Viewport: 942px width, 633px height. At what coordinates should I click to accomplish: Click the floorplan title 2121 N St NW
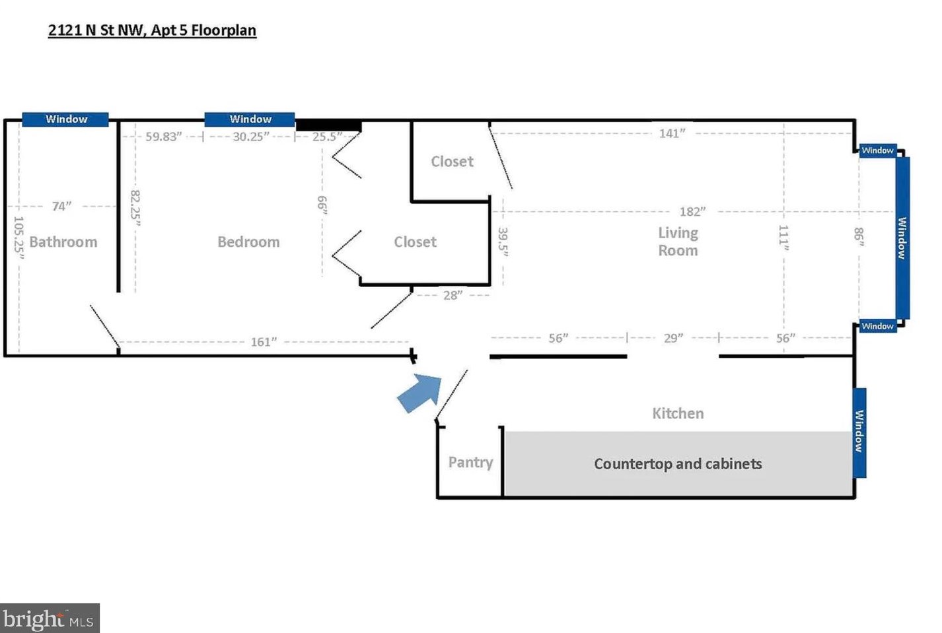point(152,30)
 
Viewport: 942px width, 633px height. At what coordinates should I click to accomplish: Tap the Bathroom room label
point(63,242)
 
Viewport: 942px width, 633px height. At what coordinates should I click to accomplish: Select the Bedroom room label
point(248,242)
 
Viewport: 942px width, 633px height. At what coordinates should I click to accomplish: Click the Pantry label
point(470,462)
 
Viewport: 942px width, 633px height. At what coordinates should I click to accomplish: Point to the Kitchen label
point(678,414)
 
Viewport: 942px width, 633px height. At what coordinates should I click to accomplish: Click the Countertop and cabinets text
point(678,464)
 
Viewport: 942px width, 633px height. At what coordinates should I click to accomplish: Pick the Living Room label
point(678,242)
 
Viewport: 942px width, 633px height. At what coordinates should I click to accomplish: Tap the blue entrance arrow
point(420,392)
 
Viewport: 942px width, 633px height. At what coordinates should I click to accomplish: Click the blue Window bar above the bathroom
point(65,119)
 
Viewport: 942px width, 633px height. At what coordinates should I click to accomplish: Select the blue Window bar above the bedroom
point(250,119)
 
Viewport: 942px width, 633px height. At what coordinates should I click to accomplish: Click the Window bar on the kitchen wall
point(859,432)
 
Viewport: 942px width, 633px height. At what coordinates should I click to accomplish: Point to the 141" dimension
point(672,134)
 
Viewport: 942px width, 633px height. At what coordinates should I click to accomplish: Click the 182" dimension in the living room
point(692,212)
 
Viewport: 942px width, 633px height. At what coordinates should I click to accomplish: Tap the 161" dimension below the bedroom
point(264,342)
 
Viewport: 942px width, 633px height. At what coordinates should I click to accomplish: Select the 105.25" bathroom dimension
point(18,238)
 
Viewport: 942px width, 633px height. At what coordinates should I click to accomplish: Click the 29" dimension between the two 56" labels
point(673,339)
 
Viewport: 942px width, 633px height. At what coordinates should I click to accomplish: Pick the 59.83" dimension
point(163,137)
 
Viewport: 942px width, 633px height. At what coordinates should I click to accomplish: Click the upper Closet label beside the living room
point(452,162)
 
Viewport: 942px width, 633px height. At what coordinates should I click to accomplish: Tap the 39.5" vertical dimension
point(503,242)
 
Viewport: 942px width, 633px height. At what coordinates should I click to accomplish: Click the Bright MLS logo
point(50,619)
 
